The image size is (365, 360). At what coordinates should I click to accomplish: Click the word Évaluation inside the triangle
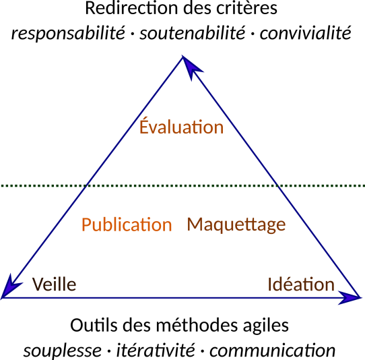(181, 126)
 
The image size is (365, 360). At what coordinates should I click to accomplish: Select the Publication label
(127, 224)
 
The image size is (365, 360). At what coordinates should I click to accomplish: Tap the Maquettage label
(236, 225)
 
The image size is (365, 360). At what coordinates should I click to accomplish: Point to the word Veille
(54, 284)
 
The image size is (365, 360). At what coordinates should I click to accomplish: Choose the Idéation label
(301, 284)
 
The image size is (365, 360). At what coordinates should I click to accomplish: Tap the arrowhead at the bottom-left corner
(11, 287)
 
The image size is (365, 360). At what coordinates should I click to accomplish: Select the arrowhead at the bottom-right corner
(350, 297)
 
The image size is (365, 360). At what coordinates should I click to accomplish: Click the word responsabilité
(68, 33)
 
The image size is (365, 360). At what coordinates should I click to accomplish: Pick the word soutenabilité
(193, 32)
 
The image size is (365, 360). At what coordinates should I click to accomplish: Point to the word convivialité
(306, 32)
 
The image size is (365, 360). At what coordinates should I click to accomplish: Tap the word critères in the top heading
(246, 8)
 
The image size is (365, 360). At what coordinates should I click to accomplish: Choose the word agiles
(266, 326)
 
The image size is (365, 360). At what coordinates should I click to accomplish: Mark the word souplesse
(63, 350)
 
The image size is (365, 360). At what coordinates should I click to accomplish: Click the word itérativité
(156, 349)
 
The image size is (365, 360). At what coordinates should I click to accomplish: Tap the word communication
(272, 350)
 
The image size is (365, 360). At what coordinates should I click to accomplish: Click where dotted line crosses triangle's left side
(86, 185)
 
